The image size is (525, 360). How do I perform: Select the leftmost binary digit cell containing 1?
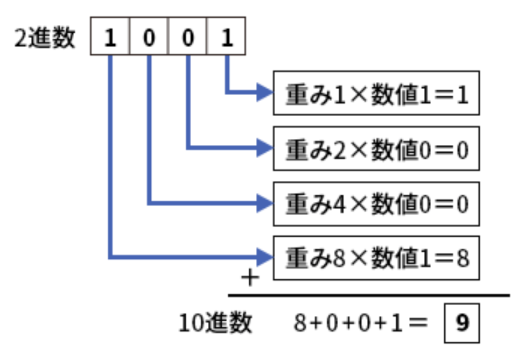(x=111, y=39)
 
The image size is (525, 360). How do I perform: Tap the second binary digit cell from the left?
(x=150, y=39)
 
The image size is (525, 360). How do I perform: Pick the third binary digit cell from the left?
(x=188, y=39)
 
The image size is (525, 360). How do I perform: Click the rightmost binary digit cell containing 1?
(x=226, y=39)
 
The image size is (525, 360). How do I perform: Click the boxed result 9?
(x=463, y=323)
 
